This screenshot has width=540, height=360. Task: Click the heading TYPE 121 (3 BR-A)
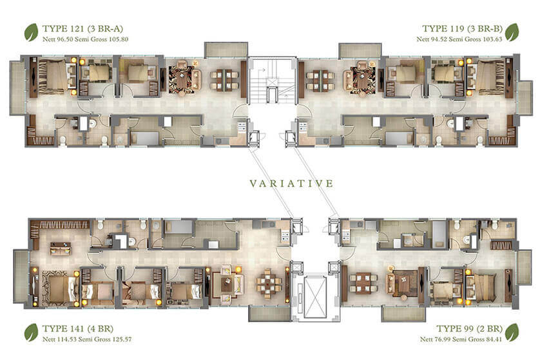pyautogui.click(x=82, y=28)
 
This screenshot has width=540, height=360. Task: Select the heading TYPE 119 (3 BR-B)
pyautogui.click(x=462, y=28)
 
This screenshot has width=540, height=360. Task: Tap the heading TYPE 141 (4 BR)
pyautogui.click(x=78, y=328)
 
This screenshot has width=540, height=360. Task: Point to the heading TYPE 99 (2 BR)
pyautogui.click(x=469, y=328)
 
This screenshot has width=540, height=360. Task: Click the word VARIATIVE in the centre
pyautogui.click(x=291, y=184)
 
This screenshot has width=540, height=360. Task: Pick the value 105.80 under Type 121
pyautogui.click(x=119, y=39)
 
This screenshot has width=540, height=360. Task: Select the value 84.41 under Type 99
pyautogui.click(x=492, y=339)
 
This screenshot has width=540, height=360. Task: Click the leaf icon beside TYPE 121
pyautogui.click(x=31, y=32)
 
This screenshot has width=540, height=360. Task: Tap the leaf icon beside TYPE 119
pyautogui.click(x=512, y=32)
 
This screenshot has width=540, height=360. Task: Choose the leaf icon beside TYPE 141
pyautogui.click(x=31, y=332)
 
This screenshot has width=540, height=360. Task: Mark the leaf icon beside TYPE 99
pyautogui.click(x=512, y=332)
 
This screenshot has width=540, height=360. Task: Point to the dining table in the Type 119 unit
pyautogui.click(x=320, y=80)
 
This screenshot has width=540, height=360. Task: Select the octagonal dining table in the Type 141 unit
pyautogui.click(x=269, y=284)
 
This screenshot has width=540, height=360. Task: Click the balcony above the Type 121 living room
pyautogui.click(x=226, y=50)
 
